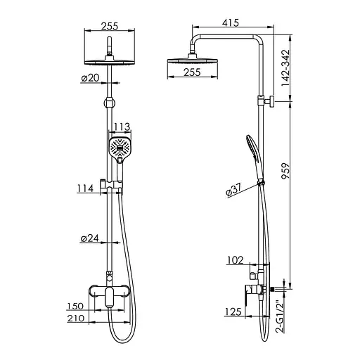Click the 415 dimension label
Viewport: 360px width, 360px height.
point(231,22)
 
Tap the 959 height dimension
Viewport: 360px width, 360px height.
point(285,171)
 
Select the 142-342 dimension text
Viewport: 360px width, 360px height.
point(285,68)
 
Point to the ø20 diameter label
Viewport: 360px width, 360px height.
point(90,78)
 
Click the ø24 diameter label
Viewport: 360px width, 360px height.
point(90,238)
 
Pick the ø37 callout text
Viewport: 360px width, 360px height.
point(233,190)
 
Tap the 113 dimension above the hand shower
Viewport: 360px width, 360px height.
point(122,127)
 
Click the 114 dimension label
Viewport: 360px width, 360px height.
point(85,188)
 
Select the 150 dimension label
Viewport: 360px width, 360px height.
point(75,306)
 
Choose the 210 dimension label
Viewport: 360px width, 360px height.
point(75,319)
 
